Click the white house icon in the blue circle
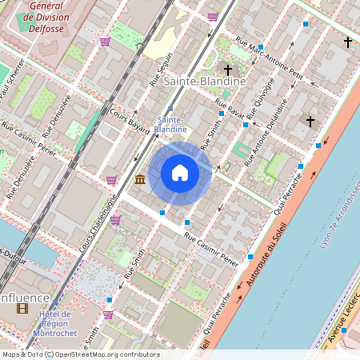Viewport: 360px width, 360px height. pos(180,173)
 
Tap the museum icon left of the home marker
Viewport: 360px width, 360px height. pos(140,178)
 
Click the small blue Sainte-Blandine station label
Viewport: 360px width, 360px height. pos(170,123)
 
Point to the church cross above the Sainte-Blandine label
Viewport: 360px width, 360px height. pos(227,70)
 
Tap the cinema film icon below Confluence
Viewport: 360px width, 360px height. pos(22,309)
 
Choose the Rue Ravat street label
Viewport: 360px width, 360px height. pos(230,107)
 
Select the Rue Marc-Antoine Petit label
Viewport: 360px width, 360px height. pos(270,59)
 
